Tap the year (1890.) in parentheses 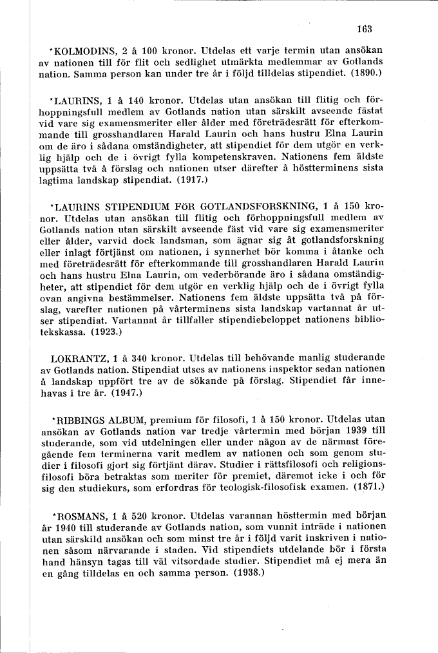pos(367,74)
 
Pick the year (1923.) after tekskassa pos(95,332)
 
